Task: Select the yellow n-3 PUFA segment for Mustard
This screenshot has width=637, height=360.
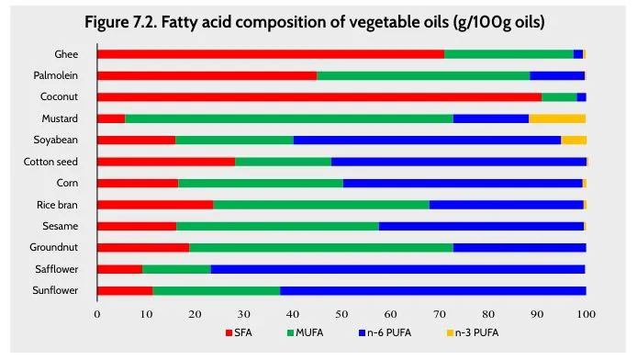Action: pyautogui.click(x=557, y=118)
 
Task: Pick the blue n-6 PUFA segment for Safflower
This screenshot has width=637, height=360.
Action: pyautogui.click(x=397, y=269)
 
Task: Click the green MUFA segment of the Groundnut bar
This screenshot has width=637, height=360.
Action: pyautogui.click(x=321, y=247)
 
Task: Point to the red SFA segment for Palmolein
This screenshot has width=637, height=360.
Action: pyautogui.click(x=207, y=75)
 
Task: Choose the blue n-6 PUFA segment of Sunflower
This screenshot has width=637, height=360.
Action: pyautogui.click(x=432, y=291)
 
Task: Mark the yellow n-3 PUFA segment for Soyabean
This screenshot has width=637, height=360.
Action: pyautogui.click(x=574, y=140)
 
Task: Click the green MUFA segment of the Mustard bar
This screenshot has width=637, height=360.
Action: pyautogui.click(x=289, y=118)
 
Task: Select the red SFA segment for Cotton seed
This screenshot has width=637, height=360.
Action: pyautogui.click(x=166, y=162)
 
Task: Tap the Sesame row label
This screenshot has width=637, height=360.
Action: pyautogui.click(x=61, y=226)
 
